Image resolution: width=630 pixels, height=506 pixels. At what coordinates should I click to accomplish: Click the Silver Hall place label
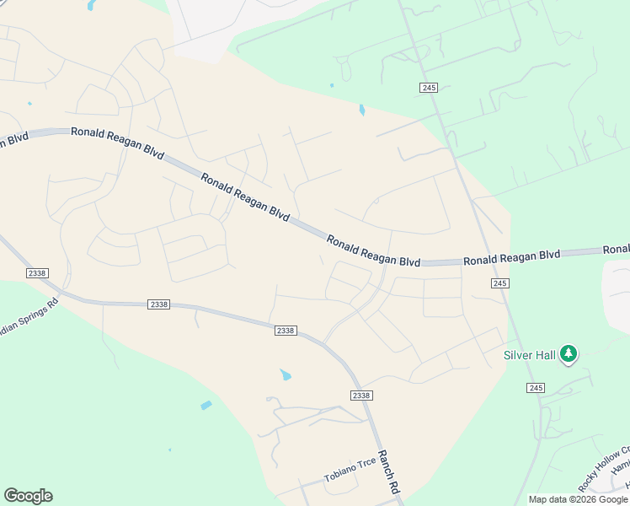point(530,356)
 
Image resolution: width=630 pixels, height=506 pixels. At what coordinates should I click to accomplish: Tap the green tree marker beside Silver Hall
point(569,353)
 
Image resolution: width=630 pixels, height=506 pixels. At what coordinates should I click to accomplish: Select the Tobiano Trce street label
point(350,471)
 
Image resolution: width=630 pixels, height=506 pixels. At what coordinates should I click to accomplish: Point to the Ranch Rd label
point(388,471)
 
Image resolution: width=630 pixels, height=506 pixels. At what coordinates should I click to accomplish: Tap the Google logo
point(28,496)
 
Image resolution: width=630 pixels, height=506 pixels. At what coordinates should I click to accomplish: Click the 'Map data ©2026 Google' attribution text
point(578,499)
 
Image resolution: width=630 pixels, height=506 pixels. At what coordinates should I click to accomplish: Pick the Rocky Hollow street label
point(603,469)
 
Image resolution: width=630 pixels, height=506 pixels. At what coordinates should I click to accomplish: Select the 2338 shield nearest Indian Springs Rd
point(37,273)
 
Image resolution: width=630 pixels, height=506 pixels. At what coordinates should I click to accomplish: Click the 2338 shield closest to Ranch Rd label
point(360,396)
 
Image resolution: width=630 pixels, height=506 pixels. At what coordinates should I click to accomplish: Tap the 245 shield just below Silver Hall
point(537,387)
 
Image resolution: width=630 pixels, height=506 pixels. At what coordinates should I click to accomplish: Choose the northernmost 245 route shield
point(430,88)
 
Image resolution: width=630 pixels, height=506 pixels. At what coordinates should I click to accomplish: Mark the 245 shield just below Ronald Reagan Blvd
point(499,283)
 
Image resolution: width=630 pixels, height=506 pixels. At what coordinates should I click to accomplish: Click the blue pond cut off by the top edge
point(90,5)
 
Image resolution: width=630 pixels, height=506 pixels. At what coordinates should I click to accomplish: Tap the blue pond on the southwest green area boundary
point(206,406)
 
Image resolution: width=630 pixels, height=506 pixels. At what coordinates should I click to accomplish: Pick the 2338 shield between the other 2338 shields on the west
point(157,304)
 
